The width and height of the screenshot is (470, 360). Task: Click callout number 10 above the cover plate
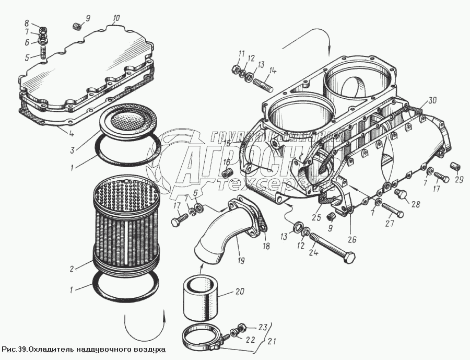pyautogui.click(x=116, y=18)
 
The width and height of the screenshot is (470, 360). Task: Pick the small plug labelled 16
pyautogui.click(x=227, y=173)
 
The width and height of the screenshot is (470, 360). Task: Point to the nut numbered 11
pyautogui.click(x=236, y=68)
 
